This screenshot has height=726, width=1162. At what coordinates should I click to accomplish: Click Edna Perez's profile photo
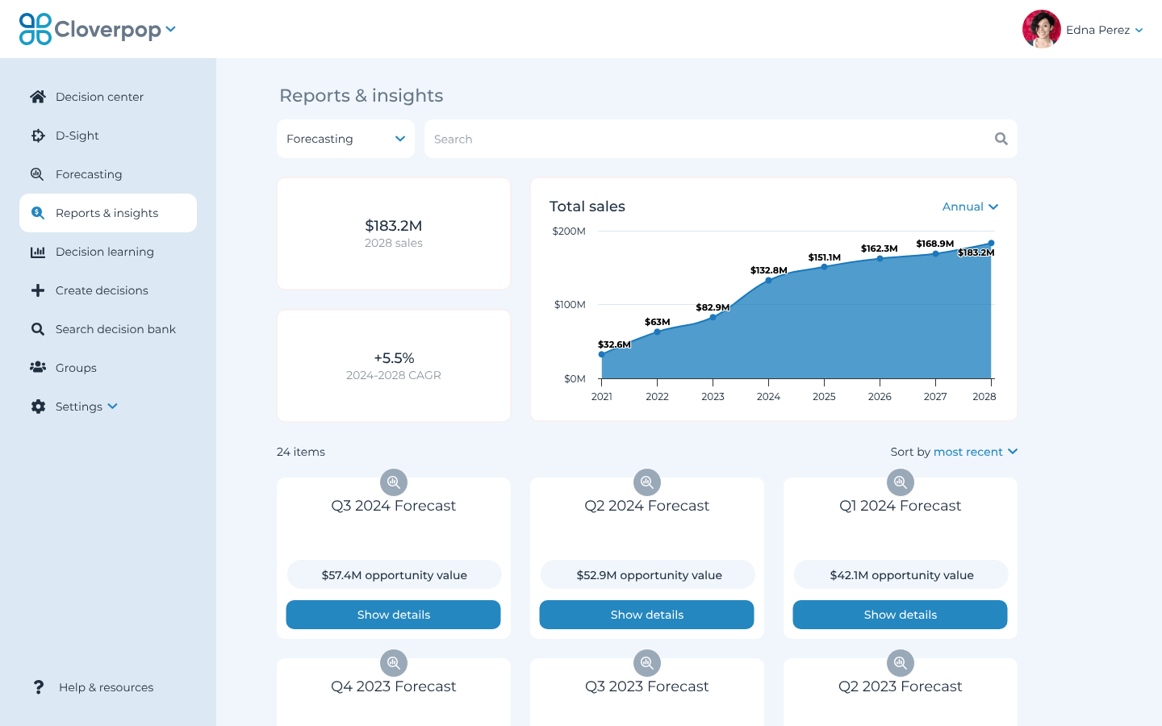[x=1041, y=30]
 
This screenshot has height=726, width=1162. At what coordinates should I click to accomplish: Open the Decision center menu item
[x=99, y=97]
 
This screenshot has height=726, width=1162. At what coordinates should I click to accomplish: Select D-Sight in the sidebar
[x=77, y=136]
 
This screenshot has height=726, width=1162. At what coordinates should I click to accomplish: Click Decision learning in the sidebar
[x=104, y=252]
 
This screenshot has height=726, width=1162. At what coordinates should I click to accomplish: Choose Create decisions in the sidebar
[x=102, y=290]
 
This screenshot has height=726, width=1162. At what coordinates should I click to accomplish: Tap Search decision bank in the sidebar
[x=115, y=329]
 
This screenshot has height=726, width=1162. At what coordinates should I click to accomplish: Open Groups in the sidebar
[x=76, y=368]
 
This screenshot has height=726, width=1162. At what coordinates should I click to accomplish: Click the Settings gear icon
[x=38, y=407]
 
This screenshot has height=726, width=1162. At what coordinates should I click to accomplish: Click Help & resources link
[x=106, y=687]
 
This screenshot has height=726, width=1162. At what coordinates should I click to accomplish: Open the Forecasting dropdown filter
[x=345, y=139]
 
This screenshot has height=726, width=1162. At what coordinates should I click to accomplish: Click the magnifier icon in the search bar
[x=1001, y=139]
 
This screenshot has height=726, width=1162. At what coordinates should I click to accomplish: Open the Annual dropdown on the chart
[x=970, y=207]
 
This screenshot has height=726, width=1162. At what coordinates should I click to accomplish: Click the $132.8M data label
[x=768, y=270]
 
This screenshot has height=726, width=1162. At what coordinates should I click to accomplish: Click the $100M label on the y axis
[x=570, y=305]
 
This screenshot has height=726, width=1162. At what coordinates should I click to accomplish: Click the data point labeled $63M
[x=657, y=332]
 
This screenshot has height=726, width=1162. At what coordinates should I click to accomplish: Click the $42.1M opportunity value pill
[x=901, y=575]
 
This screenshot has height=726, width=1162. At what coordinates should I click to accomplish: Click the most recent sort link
[x=968, y=452]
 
